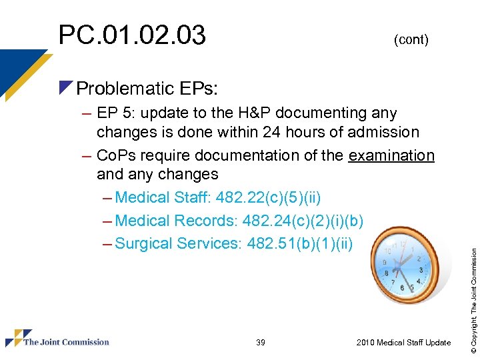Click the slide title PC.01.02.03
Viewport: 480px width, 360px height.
[x=132, y=35]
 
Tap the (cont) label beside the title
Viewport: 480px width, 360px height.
[x=411, y=40]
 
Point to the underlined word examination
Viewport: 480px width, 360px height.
[x=391, y=155]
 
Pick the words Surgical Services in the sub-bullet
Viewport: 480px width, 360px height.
[x=177, y=243]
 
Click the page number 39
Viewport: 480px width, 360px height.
[x=260, y=343]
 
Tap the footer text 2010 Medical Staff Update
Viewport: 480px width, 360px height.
[x=403, y=343]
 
